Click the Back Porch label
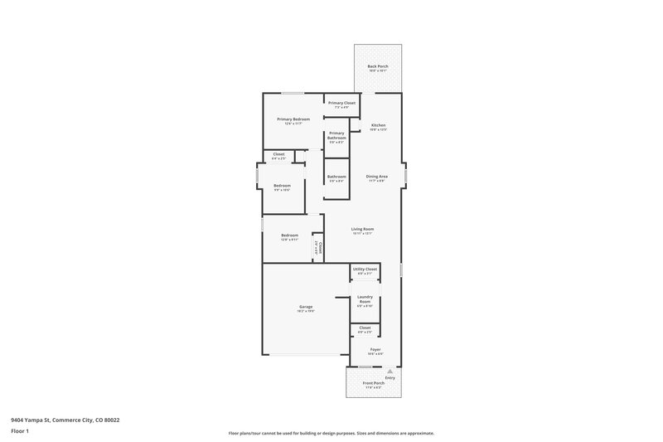coord(377,66)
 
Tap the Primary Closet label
coord(341,103)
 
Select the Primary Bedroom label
coord(293,119)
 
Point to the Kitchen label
coord(378,125)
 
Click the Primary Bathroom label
coord(336,135)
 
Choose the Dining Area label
coord(378,176)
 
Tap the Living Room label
coord(362,229)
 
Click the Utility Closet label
coord(365,269)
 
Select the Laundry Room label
coord(365,299)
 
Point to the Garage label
coord(306,307)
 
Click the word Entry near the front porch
coord(390,378)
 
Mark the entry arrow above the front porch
coord(390,371)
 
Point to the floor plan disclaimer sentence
coord(331,433)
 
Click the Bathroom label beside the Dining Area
coord(336,176)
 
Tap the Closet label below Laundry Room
coord(365,328)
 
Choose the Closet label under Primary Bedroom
coord(278,154)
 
